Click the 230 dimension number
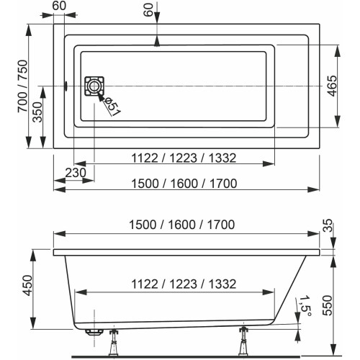[76, 173]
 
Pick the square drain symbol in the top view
[94, 86]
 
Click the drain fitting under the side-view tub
[94, 332]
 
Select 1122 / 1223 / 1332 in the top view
[184, 158]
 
